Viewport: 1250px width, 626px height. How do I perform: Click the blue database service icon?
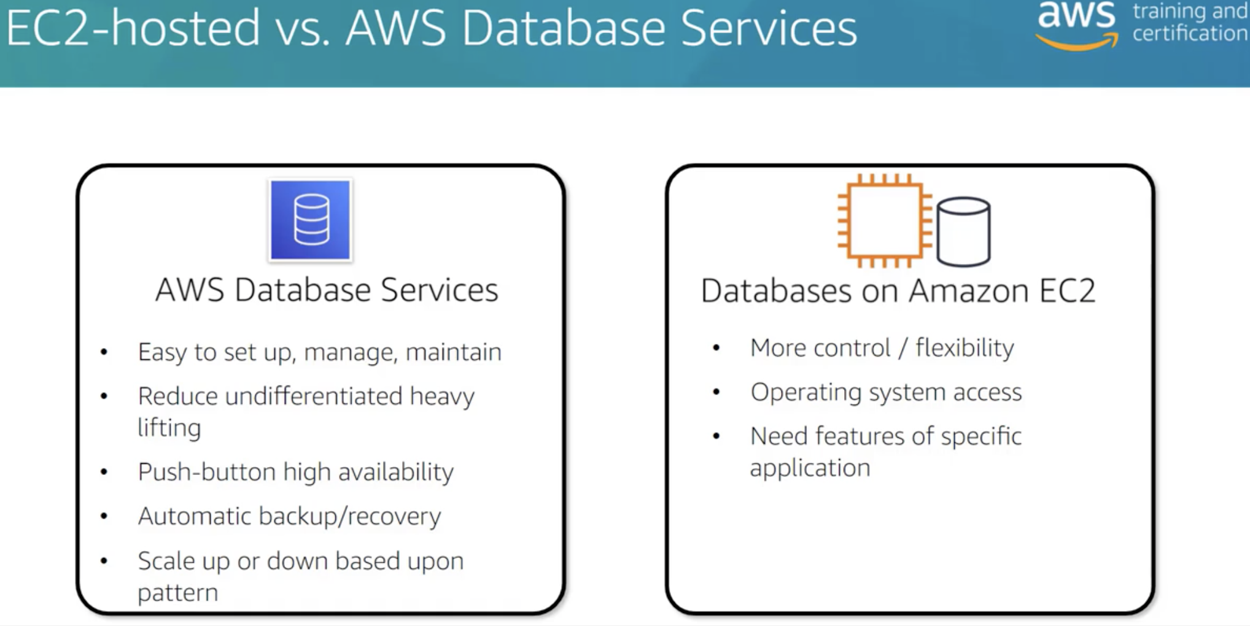click(311, 220)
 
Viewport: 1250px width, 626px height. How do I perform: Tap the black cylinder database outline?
click(963, 231)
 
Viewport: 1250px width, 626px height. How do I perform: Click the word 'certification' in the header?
click(1189, 33)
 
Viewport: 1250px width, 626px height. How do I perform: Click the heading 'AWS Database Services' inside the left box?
click(327, 290)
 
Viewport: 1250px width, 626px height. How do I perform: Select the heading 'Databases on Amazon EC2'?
click(898, 291)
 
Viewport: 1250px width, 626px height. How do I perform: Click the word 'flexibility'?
click(965, 348)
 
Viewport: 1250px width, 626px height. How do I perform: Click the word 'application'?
click(810, 468)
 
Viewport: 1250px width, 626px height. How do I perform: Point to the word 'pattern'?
click(177, 593)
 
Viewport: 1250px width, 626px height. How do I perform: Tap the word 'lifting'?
click(169, 428)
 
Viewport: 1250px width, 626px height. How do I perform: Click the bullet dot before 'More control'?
click(716, 348)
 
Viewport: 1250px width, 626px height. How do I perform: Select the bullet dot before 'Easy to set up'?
click(104, 352)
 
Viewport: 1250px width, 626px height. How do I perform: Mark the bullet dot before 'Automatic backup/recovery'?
click(104, 517)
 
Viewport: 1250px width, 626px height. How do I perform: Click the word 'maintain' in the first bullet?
click(453, 352)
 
